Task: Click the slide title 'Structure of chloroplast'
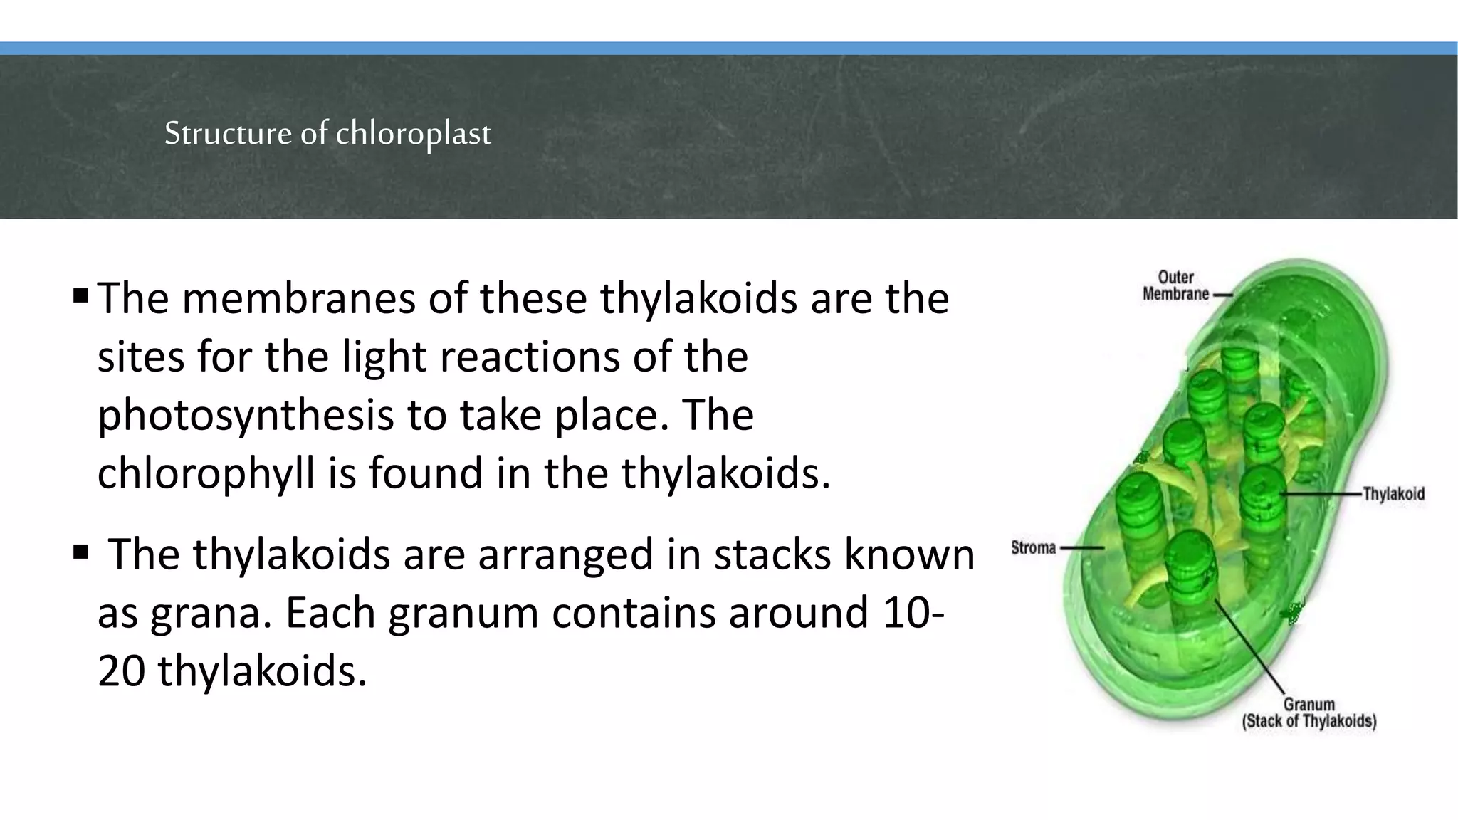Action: click(327, 133)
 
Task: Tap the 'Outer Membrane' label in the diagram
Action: click(1175, 285)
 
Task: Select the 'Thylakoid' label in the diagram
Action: click(1393, 494)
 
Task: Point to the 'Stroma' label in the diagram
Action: click(1034, 548)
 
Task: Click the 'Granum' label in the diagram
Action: click(1308, 705)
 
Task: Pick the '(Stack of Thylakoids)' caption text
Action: click(1308, 721)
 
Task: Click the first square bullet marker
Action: click(80, 295)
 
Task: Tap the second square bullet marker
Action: click(80, 552)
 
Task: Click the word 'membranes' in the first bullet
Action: click(298, 298)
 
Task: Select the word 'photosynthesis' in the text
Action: click(245, 415)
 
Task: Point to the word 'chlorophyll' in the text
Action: click(205, 473)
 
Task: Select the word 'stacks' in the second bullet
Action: click(772, 554)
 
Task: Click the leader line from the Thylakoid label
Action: click(1321, 493)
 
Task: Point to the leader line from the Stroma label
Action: click(1081, 548)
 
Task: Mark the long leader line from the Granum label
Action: click(1249, 647)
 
